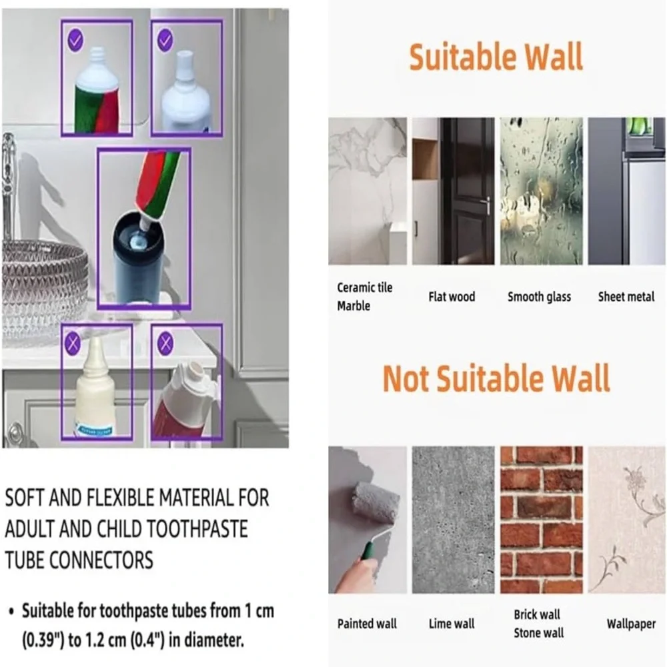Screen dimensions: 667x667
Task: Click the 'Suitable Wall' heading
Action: pyautogui.click(x=496, y=57)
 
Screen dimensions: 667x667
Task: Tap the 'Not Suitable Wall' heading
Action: pyautogui.click(x=496, y=378)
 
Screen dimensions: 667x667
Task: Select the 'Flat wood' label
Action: pyautogui.click(x=452, y=297)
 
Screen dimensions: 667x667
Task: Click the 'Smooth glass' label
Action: pyautogui.click(x=539, y=297)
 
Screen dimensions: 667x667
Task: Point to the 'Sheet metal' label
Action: pyautogui.click(x=626, y=297)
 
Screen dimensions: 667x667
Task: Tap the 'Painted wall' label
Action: pyautogui.click(x=367, y=624)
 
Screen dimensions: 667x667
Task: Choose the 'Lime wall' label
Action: pyautogui.click(x=452, y=624)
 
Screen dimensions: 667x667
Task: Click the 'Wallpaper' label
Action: pyautogui.click(x=631, y=624)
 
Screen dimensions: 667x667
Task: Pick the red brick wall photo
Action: pyautogui.click(x=541, y=520)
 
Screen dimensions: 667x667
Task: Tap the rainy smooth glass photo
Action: pyautogui.click(x=541, y=191)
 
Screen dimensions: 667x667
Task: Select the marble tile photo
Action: pyautogui.click(x=368, y=191)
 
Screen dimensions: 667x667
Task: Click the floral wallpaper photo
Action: pyautogui.click(x=626, y=520)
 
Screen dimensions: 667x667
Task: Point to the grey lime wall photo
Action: pyautogui.click(x=453, y=520)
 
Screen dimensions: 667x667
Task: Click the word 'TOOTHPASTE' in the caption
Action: pyautogui.click(x=172, y=529)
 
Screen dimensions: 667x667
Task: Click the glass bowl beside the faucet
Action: pyautogui.click(x=45, y=289)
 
